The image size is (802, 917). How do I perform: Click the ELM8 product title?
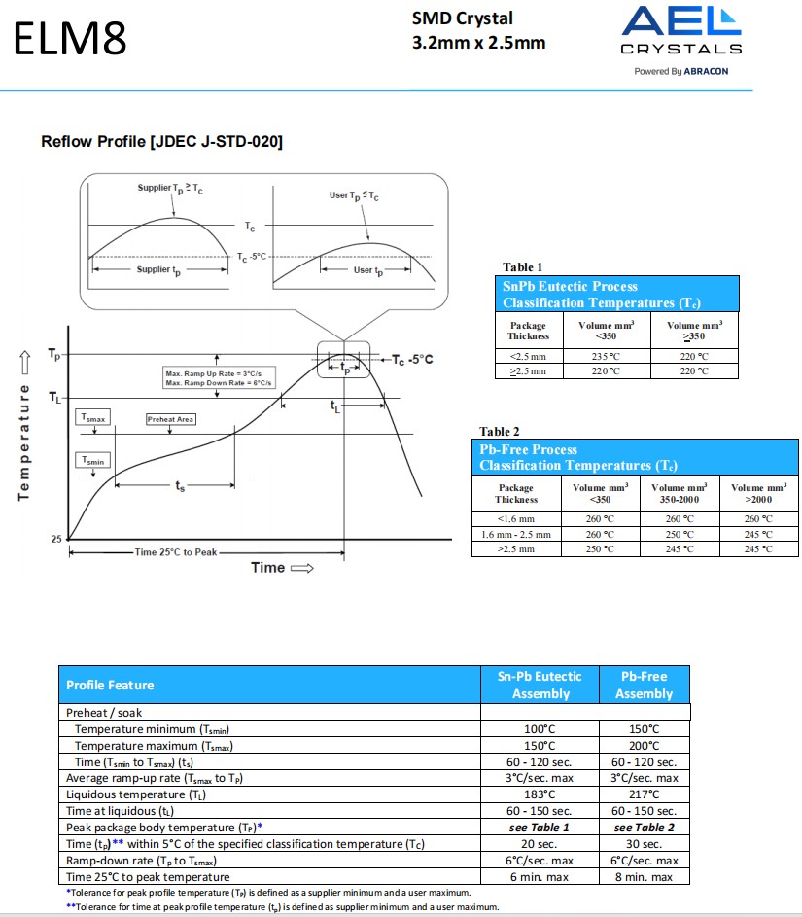70,39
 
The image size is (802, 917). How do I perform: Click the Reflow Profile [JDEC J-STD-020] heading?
161,142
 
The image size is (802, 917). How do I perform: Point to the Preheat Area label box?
171,419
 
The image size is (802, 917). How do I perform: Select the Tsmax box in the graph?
94,417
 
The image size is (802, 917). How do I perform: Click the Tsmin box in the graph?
94,461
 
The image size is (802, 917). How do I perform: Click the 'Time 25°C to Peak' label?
176,552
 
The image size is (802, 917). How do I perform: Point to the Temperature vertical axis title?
24,428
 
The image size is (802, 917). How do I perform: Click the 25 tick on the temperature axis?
56,539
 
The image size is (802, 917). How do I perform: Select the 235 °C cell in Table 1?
605,356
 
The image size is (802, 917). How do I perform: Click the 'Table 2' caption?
500,431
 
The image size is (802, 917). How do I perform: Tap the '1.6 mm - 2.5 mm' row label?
516,534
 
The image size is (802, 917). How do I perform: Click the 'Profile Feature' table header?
110,685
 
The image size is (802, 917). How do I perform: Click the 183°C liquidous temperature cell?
540,794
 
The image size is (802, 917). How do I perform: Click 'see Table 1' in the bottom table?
540,828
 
